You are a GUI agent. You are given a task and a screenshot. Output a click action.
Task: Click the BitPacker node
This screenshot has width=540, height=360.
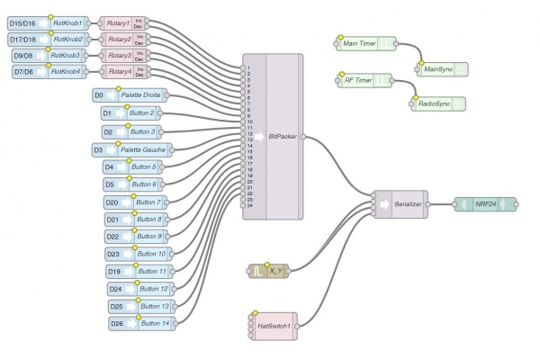pyautogui.click(x=283, y=137)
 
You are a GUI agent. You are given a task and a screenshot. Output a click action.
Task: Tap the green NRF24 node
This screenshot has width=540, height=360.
pyautogui.click(x=487, y=204)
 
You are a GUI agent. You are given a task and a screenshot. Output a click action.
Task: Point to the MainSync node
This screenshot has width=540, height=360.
pyautogui.click(x=439, y=67)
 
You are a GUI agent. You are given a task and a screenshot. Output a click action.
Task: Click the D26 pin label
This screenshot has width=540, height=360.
pyautogui.click(x=117, y=323)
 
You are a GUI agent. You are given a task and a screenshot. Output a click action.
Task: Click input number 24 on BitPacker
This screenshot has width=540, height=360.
pyautogui.click(x=250, y=206)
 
